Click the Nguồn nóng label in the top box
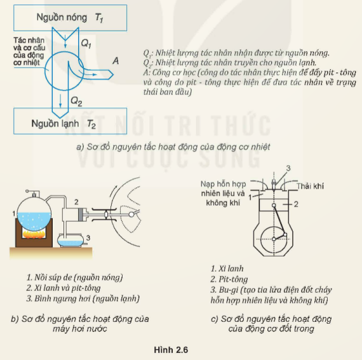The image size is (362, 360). coord(62,18)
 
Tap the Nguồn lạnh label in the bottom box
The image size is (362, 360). coord(55,124)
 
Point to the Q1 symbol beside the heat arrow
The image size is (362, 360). coord(86,43)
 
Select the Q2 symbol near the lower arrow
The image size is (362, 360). coord(76,101)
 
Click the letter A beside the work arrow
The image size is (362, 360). coord(116,61)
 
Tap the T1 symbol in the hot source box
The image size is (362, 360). coord(99,18)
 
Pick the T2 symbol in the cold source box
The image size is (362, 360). coord(91,124)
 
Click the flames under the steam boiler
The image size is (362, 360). coord(33,234)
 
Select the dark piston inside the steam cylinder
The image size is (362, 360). coord(81,215)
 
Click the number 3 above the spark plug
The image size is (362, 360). coord(288,168)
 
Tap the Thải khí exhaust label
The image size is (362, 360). coord(311,186)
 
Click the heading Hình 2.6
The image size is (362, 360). coord(171,350)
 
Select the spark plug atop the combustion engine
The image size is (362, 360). coord(274,184)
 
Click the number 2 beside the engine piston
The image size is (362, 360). coord(296,204)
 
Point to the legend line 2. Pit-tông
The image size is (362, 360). coord(229,279)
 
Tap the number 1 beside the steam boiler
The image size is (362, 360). coord(14,214)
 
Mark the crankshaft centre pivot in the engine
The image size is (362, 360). coord(274,239)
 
